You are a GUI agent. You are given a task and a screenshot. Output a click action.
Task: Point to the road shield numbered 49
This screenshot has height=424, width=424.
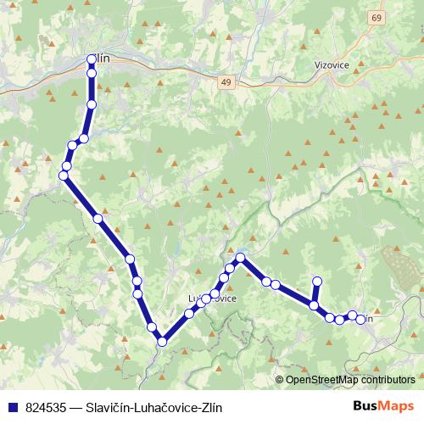(x=224, y=82)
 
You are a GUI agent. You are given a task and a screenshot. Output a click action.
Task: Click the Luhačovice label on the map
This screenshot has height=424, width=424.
(x=212, y=298)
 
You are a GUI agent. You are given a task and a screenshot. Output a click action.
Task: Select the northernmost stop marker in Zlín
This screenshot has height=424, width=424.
(x=92, y=59)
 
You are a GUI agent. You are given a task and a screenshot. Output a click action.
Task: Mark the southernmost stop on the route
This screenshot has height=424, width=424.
(x=161, y=341)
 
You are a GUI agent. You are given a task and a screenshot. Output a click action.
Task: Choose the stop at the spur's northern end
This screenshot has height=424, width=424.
(x=317, y=282)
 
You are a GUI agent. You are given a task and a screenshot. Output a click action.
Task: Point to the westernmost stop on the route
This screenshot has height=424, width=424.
(x=63, y=176)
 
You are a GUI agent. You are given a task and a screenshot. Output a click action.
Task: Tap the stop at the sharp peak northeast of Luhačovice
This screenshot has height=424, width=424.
(x=241, y=257)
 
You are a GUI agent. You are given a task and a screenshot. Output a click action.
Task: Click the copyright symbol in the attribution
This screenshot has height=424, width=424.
(x=281, y=380)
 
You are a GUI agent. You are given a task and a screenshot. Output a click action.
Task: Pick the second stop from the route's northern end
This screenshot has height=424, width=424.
(x=92, y=74)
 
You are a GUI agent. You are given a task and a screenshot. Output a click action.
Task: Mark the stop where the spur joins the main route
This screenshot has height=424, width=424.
(x=314, y=305)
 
